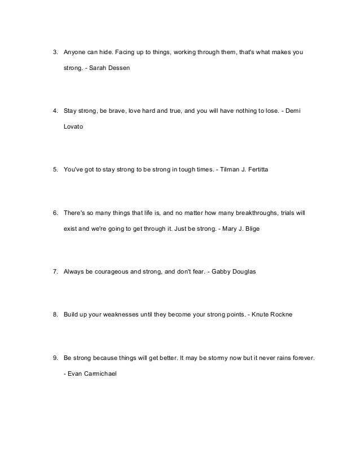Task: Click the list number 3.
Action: pyautogui.click(x=55, y=53)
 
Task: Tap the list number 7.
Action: pyautogui.click(x=55, y=272)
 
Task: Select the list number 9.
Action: pyautogui.click(x=55, y=358)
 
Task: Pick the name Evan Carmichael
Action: pyautogui.click(x=91, y=374)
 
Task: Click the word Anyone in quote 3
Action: pyautogui.click(x=75, y=53)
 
